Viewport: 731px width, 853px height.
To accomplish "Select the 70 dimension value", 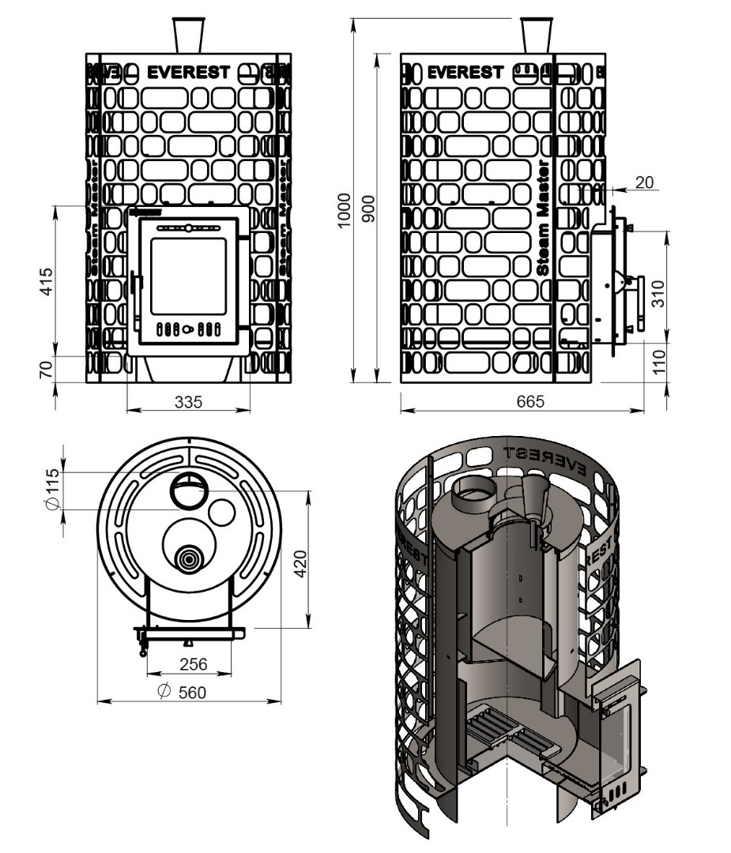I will [x=45, y=369].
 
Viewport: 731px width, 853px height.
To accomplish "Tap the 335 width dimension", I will [x=188, y=401].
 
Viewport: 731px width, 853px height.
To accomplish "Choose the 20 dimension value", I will [x=644, y=182].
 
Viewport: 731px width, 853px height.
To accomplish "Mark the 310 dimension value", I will [x=661, y=293].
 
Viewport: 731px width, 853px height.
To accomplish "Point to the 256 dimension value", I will [x=190, y=664].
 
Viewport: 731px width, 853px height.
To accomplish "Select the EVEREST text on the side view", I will [x=465, y=73].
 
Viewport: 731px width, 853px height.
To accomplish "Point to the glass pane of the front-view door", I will [x=188, y=276].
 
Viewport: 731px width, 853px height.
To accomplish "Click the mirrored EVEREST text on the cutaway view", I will [x=544, y=459].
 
